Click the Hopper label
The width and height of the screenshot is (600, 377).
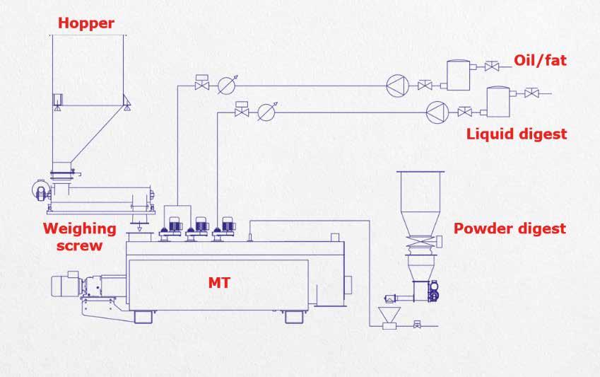click(x=86, y=24)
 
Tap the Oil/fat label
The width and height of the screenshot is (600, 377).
click(x=541, y=61)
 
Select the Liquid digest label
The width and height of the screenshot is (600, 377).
click(x=517, y=134)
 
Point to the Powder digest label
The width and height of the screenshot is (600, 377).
click(x=510, y=228)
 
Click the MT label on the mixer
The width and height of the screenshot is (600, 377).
click(x=219, y=283)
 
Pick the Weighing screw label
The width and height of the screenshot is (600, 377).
click(x=79, y=237)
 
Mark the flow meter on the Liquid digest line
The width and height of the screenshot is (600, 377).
click(x=265, y=111)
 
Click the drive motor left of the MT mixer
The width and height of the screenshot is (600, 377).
click(x=67, y=287)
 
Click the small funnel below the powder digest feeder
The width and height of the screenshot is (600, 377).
click(x=387, y=314)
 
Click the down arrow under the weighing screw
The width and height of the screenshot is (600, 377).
click(x=139, y=227)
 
